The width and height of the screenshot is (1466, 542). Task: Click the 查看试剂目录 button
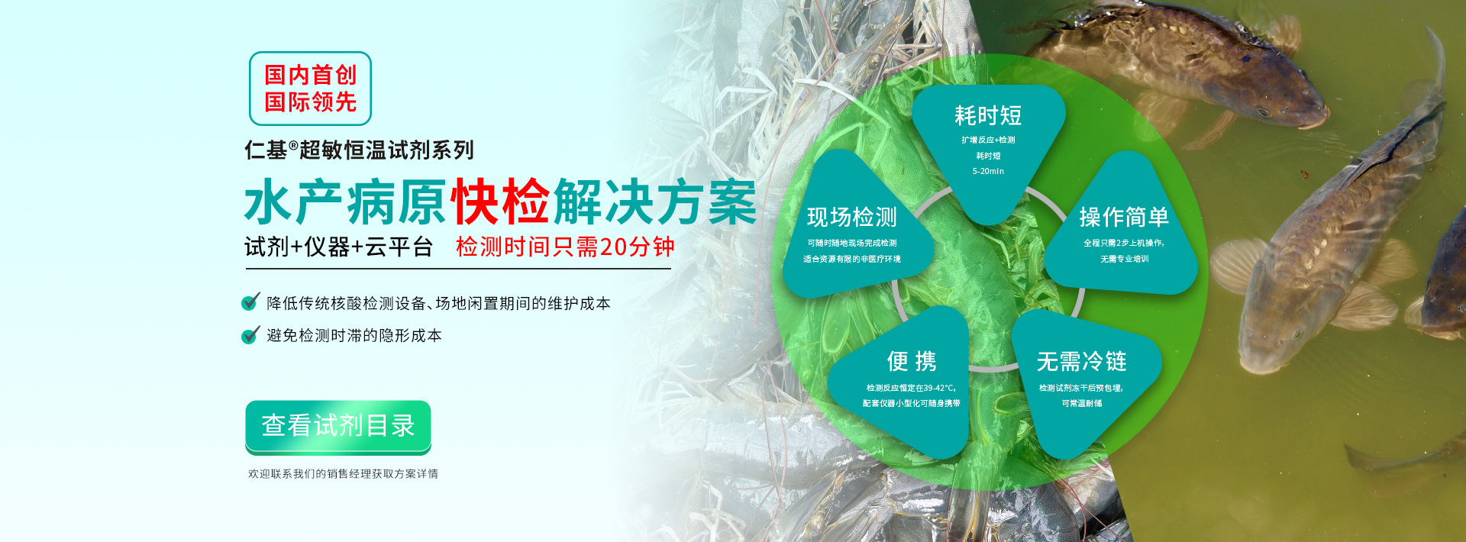click(338, 426)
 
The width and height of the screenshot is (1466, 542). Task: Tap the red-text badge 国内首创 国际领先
click(310, 89)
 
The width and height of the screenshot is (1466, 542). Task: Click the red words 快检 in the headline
click(500, 202)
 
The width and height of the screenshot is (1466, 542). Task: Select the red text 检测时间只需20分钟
click(565, 247)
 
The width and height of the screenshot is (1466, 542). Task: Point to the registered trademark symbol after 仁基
click(293, 144)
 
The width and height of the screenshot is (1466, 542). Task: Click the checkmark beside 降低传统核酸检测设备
click(250, 302)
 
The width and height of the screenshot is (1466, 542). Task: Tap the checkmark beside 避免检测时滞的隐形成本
click(250, 334)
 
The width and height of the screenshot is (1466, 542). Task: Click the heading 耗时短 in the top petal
click(988, 116)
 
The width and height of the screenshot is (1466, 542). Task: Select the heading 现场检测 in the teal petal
click(852, 218)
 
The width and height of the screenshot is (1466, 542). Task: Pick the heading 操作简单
click(1124, 218)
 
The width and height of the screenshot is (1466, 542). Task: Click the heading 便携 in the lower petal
click(912, 361)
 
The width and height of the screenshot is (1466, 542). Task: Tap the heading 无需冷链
click(1082, 361)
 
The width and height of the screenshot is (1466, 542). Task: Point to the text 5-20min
click(988, 172)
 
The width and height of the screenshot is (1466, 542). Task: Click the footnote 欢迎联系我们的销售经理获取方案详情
click(343, 474)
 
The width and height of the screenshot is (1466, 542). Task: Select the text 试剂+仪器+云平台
click(338, 247)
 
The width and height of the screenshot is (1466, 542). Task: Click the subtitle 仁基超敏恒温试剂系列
click(359, 150)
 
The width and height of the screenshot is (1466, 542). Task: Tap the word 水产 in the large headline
click(293, 202)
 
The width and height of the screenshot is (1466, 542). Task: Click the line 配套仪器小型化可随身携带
click(912, 404)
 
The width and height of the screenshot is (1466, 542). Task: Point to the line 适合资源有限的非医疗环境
click(852, 260)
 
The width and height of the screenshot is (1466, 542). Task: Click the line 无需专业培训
click(1125, 260)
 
